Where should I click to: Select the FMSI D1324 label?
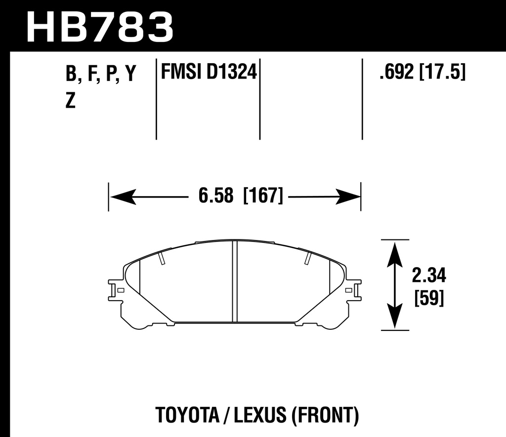pos(208,73)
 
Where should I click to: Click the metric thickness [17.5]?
pos(443,73)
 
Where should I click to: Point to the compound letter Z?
pos(71,101)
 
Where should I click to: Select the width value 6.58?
pos(215,197)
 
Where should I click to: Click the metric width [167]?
pos(263,197)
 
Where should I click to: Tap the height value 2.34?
pos(429,275)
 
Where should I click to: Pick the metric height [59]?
pos(429,298)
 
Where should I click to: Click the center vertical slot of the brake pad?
pos(235,281)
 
